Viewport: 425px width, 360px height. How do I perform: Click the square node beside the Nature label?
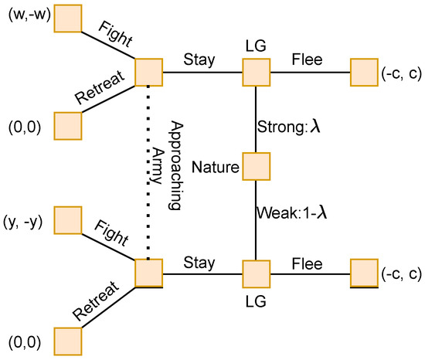[255, 166]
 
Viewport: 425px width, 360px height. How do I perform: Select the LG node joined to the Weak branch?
[255, 272]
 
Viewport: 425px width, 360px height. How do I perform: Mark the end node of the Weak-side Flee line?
[363, 272]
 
